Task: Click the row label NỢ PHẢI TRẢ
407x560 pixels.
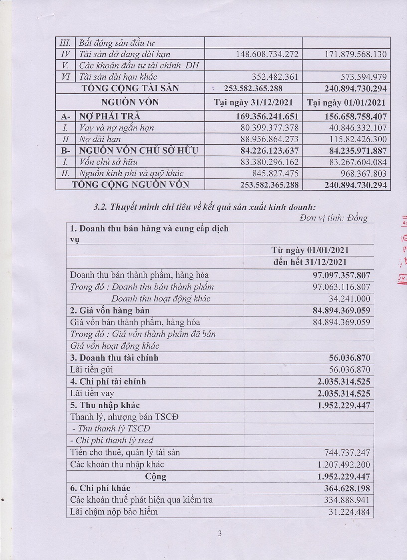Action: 110,116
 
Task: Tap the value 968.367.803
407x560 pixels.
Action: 359,173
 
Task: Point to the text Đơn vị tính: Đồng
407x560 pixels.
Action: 334,218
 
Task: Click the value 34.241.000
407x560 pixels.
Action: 352,299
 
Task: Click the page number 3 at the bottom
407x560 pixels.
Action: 220,533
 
